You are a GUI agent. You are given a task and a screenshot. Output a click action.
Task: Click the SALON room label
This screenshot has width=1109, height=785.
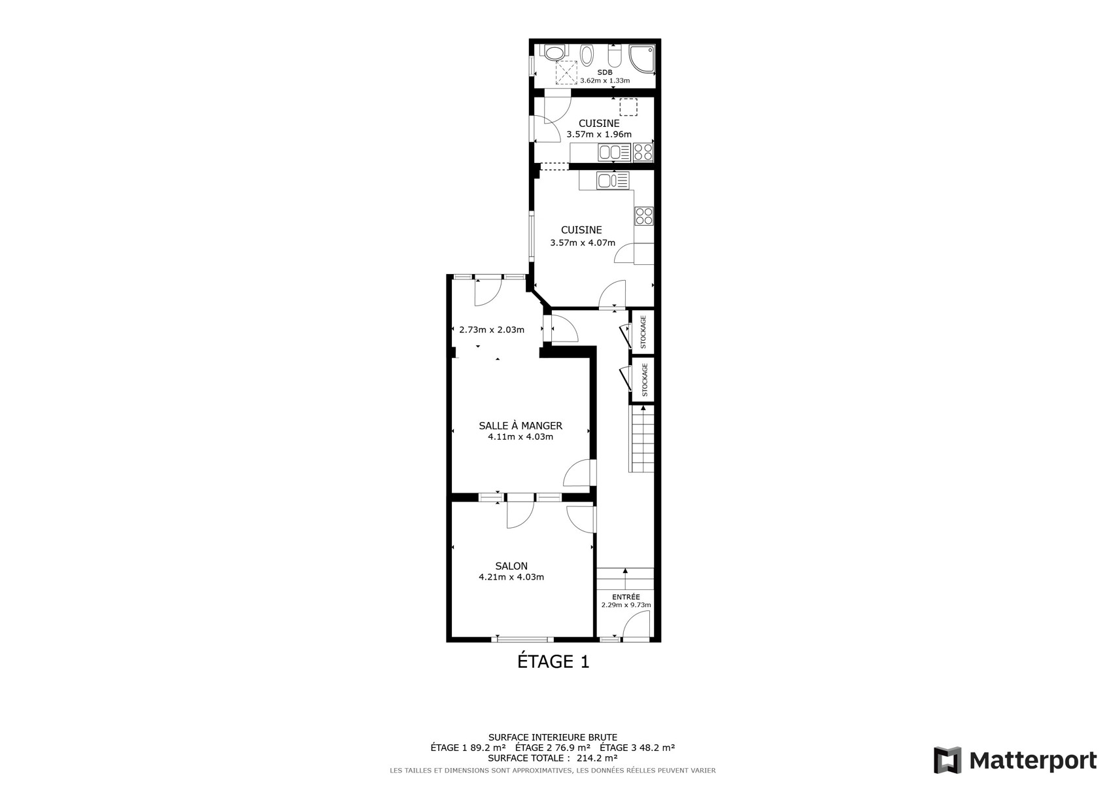pos(511,566)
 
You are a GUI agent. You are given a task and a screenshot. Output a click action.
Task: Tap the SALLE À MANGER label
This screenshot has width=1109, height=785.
pos(520,425)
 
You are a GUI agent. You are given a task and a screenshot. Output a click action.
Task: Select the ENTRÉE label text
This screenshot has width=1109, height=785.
pos(626,597)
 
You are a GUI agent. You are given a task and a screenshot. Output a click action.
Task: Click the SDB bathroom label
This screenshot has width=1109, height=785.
pos(604,73)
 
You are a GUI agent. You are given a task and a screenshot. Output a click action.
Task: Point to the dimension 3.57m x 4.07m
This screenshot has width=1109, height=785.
pos(583,243)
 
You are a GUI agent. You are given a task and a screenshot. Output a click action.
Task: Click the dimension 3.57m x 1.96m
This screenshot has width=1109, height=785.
pos(599,134)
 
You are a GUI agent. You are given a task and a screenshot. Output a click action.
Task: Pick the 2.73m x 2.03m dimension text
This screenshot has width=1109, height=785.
pos(492,330)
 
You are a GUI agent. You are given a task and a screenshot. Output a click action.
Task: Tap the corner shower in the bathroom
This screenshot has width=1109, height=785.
pos(642,59)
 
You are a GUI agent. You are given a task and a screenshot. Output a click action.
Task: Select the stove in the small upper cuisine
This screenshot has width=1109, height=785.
pos(643,152)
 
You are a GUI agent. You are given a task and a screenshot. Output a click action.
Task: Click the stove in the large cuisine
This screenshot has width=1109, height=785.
pos(644,216)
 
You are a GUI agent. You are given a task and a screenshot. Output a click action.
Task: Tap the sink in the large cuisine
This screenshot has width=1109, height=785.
pos(613,181)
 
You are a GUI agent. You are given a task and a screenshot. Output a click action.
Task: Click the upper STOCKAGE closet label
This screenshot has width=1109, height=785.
pos(643,332)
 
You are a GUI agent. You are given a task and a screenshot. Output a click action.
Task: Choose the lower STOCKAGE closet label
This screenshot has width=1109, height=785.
pos(645,380)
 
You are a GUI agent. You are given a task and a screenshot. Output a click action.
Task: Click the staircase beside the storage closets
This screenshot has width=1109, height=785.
pos(641,439)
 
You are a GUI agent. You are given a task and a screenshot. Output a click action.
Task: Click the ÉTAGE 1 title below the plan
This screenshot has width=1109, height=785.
pos(553,661)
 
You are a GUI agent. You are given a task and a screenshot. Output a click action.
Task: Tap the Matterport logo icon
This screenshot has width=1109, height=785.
pos(947,759)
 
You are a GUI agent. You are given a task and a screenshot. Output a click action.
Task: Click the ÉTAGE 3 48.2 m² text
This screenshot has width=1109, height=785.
pos(637,748)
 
